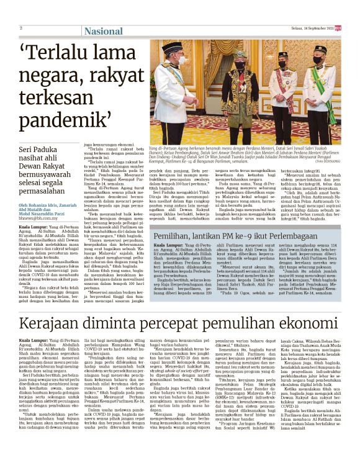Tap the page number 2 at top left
coord(21,29)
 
